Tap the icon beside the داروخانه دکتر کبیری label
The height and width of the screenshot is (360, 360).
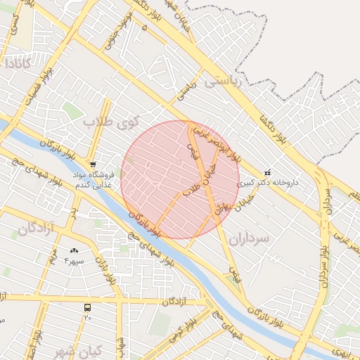click(267, 172)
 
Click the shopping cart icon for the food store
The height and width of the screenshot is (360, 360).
click(93, 164)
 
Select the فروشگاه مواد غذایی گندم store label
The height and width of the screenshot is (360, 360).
click(93, 179)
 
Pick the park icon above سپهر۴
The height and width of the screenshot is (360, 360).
click(75, 250)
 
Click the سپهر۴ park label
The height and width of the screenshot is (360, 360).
click(74, 261)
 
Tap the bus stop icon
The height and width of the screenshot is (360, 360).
click(88, 307)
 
